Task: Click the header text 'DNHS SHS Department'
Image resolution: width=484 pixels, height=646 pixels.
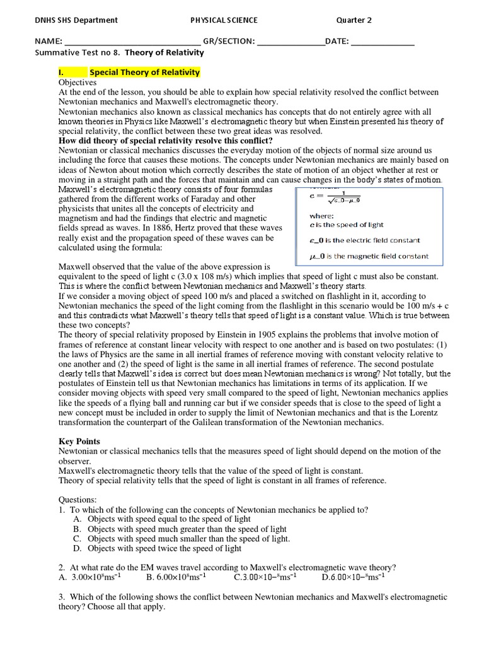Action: point(76,20)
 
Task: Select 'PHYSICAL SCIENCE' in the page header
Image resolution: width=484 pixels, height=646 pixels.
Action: point(224,20)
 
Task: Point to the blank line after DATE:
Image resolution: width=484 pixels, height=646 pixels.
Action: point(382,43)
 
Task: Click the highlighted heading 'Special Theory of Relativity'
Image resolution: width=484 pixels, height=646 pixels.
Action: point(144,72)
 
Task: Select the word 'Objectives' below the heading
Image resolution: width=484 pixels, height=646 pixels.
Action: point(78,82)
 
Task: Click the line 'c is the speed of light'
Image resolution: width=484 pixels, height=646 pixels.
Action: point(346,225)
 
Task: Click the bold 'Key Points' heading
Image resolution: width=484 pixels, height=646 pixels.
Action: point(79,442)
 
